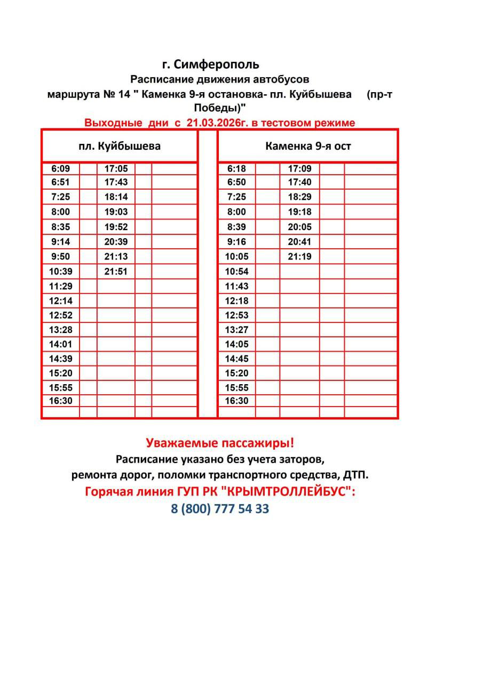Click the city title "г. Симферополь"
click(x=211, y=64)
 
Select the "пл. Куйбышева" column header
click(x=120, y=146)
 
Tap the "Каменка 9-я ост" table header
click(x=308, y=146)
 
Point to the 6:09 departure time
click(x=61, y=169)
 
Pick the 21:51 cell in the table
click(x=116, y=271)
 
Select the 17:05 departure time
click(x=116, y=169)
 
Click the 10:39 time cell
click(x=61, y=271)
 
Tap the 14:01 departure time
click(x=61, y=344)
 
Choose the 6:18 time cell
click(x=236, y=169)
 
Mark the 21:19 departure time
click(x=299, y=256)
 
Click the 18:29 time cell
click(x=299, y=197)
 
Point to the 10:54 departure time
click(x=236, y=271)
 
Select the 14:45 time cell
click(x=236, y=359)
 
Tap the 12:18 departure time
click(x=236, y=301)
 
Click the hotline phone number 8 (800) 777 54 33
click(x=220, y=509)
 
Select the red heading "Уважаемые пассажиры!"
click(x=220, y=443)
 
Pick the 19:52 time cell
click(x=116, y=226)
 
